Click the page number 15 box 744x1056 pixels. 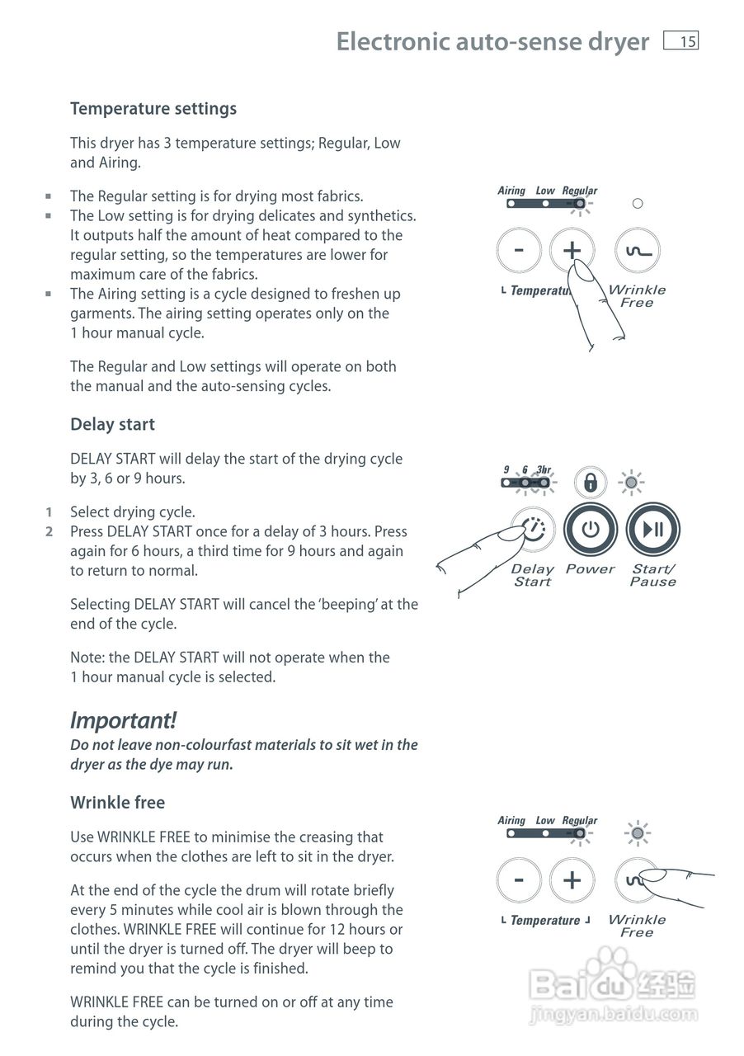(680, 41)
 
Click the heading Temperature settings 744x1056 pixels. (153, 109)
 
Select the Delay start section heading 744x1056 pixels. (112, 424)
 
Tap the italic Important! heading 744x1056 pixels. (123, 720)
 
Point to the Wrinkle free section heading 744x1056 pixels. (117, 803)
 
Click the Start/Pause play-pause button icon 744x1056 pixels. (652, 529)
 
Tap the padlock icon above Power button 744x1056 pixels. (591, 483)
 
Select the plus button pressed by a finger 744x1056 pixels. (572, 250)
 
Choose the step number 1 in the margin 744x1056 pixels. (49, 512)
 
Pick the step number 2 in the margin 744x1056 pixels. (49, 532)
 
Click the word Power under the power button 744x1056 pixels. (590, 569)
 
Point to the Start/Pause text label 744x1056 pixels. (652, 575)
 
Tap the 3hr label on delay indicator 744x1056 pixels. (544, 470)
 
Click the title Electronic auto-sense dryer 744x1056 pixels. (492, 41)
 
